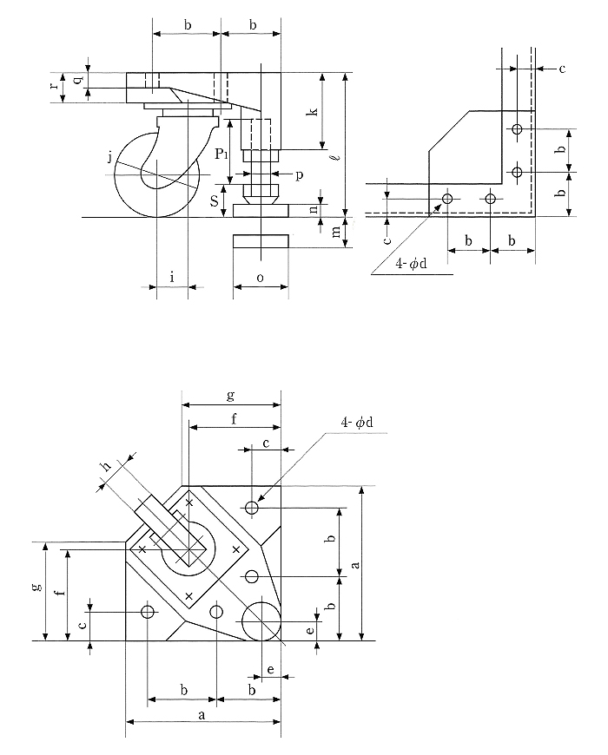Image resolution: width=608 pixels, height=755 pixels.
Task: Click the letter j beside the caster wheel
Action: tap(109, 156)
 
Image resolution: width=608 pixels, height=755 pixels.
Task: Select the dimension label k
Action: tap(314, 110)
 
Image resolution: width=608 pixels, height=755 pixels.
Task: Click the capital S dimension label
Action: tap(215, 200)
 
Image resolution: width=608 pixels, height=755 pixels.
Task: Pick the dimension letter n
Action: tap(314, 208)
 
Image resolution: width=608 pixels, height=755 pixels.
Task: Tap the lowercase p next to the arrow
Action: tap(298, 175)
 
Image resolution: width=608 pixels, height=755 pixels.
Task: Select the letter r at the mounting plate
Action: tap(54, 86)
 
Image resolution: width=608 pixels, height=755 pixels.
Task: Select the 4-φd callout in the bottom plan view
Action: tap(357, 423)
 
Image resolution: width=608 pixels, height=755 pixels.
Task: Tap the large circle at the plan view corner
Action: tap(261, 620)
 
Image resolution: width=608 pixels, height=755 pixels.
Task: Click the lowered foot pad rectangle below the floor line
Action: tap(260, 240)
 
